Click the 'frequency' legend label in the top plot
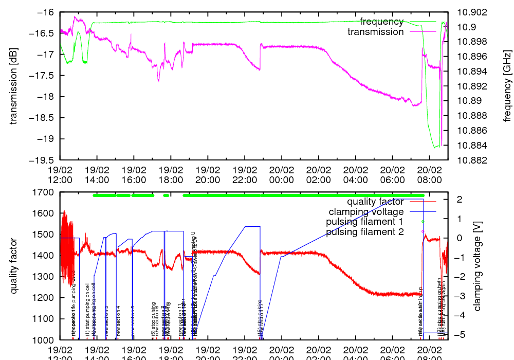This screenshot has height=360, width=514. [381, 22]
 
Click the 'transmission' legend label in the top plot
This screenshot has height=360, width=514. [376, 32]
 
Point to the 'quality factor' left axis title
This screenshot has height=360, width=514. [14, 266]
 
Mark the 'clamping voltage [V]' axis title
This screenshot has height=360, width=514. [477, 266]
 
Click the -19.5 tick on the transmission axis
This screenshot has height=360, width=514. [44, 160]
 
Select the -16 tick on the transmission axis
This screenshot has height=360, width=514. [46, 12]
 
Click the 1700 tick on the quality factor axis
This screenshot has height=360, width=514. [46, 192]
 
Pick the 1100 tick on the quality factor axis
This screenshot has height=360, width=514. [46, 319]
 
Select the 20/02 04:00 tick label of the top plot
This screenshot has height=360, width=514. [356, 174]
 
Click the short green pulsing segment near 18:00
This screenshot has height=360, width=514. [166, 195]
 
